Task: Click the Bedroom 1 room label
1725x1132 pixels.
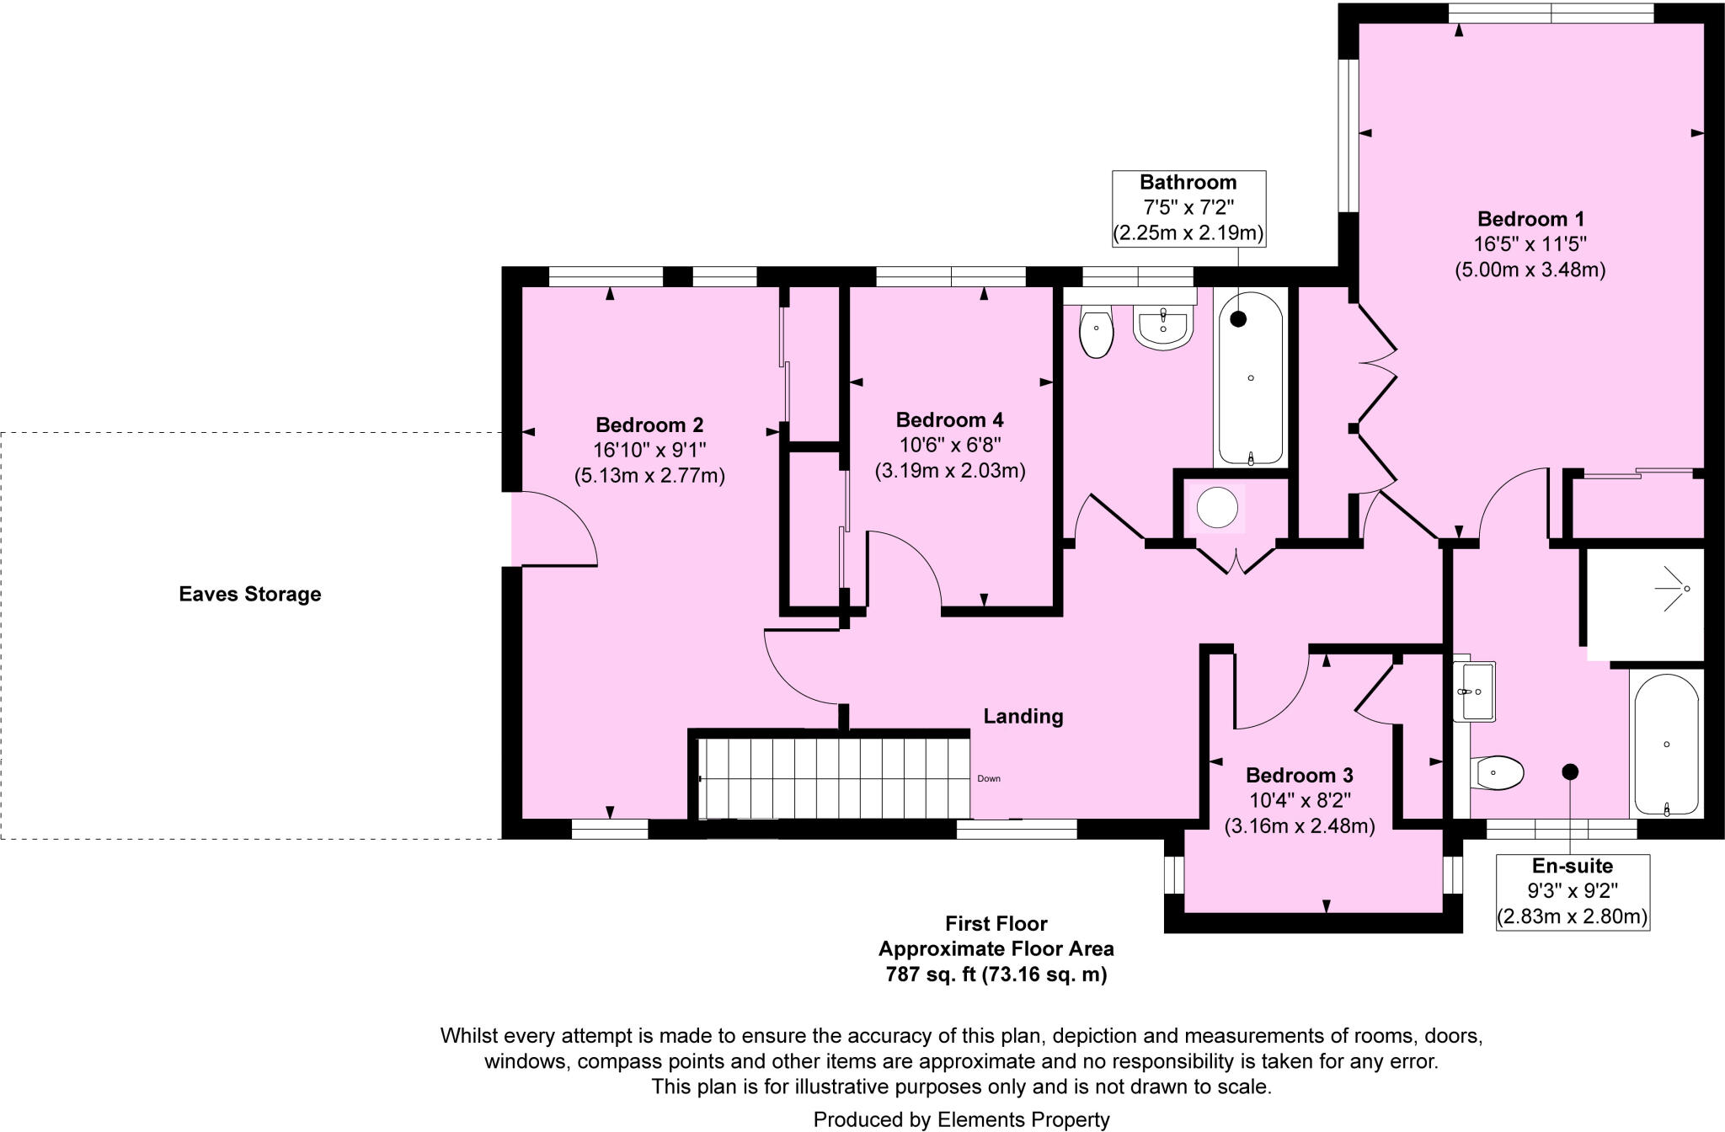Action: click(x=1530, y=219)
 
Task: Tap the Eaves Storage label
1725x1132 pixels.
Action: click(x=250, y=594)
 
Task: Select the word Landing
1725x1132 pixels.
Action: click(x=1023, y=716)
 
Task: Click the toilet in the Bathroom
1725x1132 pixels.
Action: click(x=1096, y=332)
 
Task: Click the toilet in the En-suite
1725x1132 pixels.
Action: click(x=1498, y=772)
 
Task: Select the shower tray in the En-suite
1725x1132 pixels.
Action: click(x=1644, y=603)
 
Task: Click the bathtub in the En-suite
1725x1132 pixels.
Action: click(x=1666, y=745)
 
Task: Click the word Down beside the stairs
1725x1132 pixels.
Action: click(x=989, y=778)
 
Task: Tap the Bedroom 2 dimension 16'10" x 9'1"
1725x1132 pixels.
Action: click(x=649, y=450)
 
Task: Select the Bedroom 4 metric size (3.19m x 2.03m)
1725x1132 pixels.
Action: click(x=949, y=470)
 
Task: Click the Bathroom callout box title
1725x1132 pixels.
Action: click(x=1188, y=182)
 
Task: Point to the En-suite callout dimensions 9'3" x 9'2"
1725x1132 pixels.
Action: click(x=1572, y=890)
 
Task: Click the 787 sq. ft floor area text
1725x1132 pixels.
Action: click(x=996, y=974)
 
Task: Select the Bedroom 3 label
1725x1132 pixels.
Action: click(x=1299, y=775)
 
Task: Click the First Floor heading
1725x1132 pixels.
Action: click(x=996, y=923)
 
